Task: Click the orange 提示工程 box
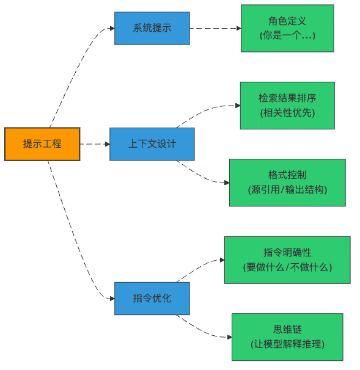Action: coord(42,144)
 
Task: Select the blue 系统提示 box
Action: coord(152,28)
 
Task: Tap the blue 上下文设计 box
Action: coord(152,144)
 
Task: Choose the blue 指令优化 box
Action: coord(152,299)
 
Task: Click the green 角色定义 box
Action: coord(287,28)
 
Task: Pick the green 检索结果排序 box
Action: coord(287,106)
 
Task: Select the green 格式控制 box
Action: coord(287,183)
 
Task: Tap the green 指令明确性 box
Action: coord(287,260)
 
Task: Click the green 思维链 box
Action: coord(287,337)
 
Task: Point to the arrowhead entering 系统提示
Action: coord(112,28)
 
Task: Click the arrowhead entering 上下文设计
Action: coord(108,144)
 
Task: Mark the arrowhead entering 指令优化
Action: coord(112,299)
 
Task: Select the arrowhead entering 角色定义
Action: coord(239,28)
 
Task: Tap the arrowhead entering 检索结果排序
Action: coord(238,106)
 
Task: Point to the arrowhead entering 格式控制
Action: coord(227,183)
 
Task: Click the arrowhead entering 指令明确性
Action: coord(222,260)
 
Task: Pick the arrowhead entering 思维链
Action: coord(230,337)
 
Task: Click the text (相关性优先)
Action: coord(287,112)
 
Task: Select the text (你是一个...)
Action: coord(287,35)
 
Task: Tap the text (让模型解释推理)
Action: coord(287,344)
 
